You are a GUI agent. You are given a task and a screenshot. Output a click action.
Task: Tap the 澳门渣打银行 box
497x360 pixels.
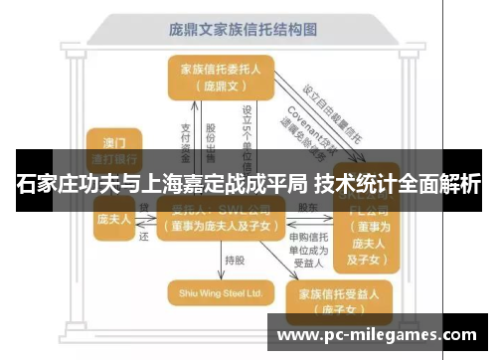tap(113, 147)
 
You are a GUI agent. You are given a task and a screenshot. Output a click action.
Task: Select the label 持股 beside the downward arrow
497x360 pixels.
tap(235, 260)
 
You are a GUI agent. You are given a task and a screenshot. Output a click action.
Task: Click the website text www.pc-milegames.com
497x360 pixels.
tap(379, 332)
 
